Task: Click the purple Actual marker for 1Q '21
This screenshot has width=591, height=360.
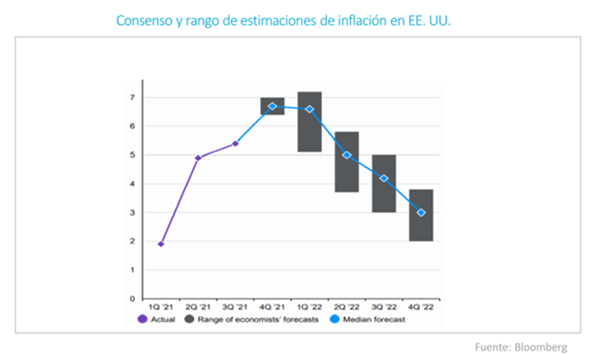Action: pyautogui.click(x=161, y=244)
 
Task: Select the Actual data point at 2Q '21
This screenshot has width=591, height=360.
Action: pyautogui.click(x=198, y=158)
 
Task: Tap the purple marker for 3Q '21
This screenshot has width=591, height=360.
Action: pyautogui.click(x=235, y=143)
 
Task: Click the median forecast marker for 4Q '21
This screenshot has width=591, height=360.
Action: pyautogui.click(x=272, y=106)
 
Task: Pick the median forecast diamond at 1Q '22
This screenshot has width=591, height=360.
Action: pyautogui.click(x=309, y=109)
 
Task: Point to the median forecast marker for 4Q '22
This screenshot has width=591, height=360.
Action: pyautogui.click(x=421, y=213)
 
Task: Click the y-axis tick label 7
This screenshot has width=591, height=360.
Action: pyautogui.click(x=132, y=98)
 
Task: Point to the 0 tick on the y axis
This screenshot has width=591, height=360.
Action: pyautogui.click(x=132, y=299)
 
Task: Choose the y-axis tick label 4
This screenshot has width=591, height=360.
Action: pyautogui.click(x=132, y=184)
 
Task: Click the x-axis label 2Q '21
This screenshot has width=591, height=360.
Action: pyautogui.click(x=198, y=308)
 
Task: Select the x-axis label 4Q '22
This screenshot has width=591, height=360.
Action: pyautogui.click(x=421, y=308)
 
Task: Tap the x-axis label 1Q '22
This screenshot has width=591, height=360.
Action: pyautogui.click(x=309, y=308)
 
